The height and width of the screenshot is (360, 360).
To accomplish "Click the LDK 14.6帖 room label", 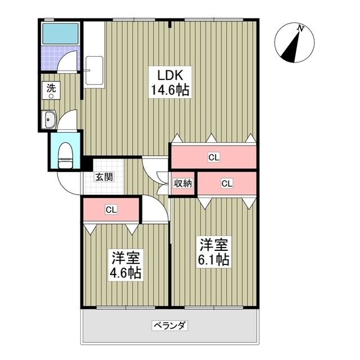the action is pyautogui.click(x=170, y=83).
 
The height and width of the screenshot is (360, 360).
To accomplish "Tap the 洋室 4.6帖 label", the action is pyautogui.click(x=125, y=265).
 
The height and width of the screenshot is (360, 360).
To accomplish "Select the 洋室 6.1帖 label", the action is pyautogui.click(x=214, y=252).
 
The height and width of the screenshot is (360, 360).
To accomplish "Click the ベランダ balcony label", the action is pyautogui.click(x=170, y=325).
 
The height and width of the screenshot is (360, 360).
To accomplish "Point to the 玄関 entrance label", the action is pyautogui.click(x=104, y=177).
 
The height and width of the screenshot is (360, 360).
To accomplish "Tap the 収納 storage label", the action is pyautogui.click(x=183, y=183).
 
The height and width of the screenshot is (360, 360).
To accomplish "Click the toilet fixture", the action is pyautogui.click(x=66, y=156).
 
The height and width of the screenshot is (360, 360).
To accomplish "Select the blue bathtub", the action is pyautogui.click(x=61, y=34).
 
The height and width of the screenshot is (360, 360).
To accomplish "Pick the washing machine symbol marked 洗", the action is pyautogui.click(x=51, y=90).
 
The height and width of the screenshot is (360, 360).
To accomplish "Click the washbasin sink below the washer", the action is pyautogui.click(x=49, y=119).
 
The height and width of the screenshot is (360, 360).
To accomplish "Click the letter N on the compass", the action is pyautogui.click(x=300, y=29).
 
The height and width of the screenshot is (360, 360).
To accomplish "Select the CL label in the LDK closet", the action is pyautogui.click(x=214, y=157).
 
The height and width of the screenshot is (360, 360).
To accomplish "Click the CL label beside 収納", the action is pyautogui.click(x=227, y=183).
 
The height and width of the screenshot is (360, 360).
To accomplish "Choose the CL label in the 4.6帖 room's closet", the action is pyautogui.click(x=111, y=209).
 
